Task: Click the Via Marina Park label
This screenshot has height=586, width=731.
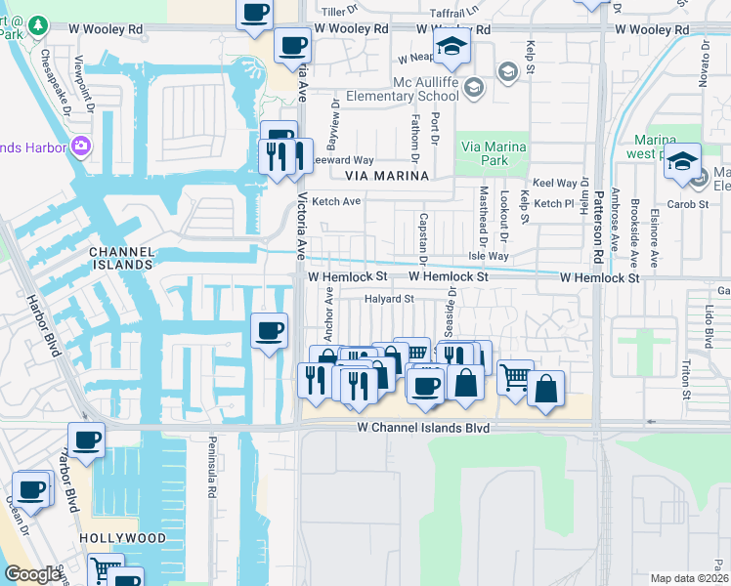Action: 494,153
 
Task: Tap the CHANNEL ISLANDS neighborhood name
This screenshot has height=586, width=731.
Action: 121,258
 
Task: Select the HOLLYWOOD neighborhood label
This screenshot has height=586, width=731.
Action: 122,538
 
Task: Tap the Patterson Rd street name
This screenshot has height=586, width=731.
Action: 598,223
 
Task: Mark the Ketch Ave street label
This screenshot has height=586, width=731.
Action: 337,201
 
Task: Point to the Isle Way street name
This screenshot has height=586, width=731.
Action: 489,256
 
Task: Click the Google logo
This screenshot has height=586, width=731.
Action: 32,574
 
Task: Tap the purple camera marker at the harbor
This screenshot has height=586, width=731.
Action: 81,147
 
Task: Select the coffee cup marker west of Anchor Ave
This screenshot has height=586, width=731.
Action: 270,329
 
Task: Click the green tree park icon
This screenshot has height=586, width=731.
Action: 38,23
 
